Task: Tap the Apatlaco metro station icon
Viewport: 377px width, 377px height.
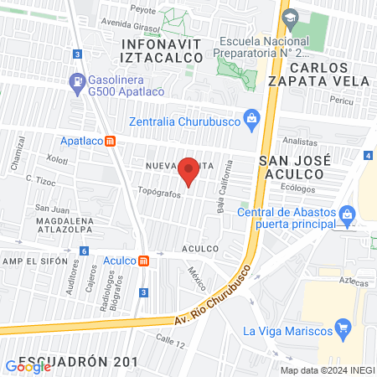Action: pos(111,142)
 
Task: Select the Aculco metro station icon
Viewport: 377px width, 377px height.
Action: pos(143,261)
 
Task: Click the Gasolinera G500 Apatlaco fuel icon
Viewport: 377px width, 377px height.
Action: pos(77,82)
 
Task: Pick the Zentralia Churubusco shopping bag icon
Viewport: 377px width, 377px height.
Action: pos(250,117)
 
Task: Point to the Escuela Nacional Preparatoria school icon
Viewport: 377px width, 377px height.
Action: pos(290,18)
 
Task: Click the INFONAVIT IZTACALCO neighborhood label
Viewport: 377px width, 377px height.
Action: pos(163,49)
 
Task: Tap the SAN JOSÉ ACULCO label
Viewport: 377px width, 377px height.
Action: pos(295,166)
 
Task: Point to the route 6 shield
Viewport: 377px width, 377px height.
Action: pos(83,250)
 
